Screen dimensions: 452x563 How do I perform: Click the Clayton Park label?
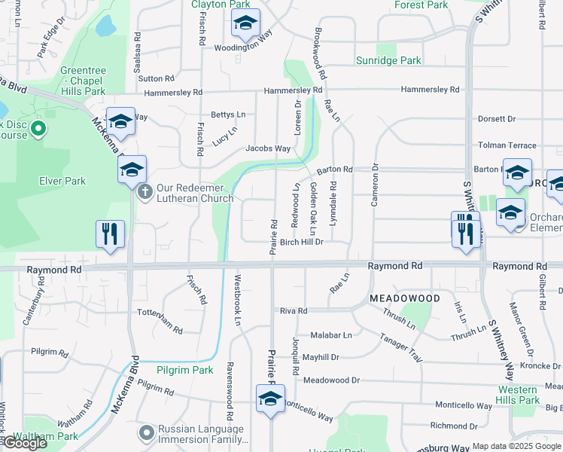point(220,5)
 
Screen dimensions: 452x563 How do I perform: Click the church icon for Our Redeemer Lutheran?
point(146,192)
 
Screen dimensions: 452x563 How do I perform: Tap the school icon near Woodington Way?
point(245,24)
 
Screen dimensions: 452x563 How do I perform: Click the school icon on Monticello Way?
point(270,399)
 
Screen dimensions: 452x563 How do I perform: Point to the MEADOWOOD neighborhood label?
point(405,299)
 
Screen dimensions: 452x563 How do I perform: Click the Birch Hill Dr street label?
point(301,242)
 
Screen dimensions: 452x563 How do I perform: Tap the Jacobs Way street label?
point(268,148)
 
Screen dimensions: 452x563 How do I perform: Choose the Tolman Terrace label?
point(508,145)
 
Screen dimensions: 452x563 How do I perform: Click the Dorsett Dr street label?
point(497,119)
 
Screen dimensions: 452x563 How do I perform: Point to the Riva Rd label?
point(294,310)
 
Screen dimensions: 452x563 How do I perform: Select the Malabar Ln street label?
point(331,334)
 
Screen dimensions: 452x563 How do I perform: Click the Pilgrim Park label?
point(185,370)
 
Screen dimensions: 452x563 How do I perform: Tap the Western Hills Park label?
point(518,395)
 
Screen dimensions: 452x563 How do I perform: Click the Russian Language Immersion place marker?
point(147,433)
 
